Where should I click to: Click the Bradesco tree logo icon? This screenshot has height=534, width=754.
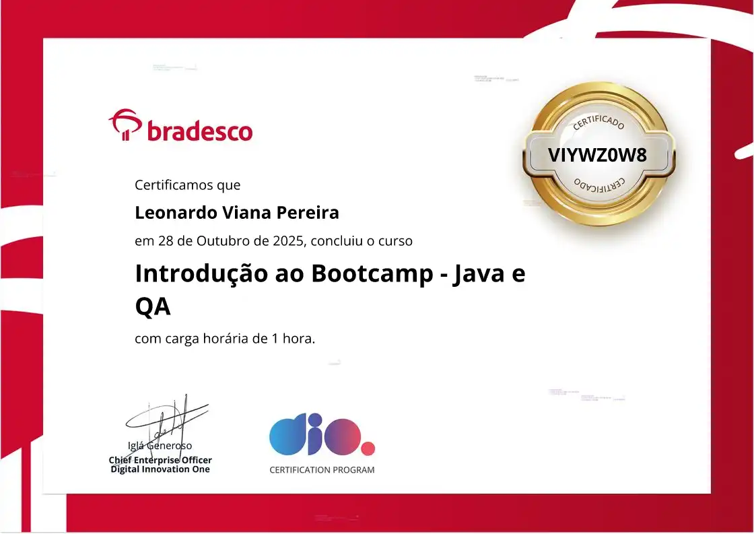125,125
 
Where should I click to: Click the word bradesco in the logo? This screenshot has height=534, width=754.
199,131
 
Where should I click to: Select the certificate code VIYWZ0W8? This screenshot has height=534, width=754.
597,155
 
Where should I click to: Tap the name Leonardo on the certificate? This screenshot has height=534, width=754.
175,213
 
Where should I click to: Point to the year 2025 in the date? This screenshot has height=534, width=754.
289,240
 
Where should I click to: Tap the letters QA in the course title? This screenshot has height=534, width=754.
153,307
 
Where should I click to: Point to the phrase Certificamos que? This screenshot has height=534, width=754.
187,185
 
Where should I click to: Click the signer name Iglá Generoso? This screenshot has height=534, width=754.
160,445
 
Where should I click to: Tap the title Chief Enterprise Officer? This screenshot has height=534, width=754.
160,460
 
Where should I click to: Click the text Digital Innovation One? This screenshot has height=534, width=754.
160,469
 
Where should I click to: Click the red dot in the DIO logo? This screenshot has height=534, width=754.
368,448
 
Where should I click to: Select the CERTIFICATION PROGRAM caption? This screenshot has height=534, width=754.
322,470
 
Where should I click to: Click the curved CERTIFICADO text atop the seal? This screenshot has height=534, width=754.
598,122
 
